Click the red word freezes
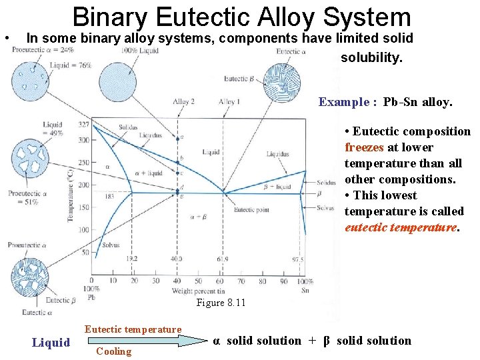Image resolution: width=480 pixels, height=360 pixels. click(x=361, y=147)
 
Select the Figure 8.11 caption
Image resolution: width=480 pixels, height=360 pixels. click(x=221, y=303)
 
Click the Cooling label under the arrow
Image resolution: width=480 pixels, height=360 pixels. click(x=114, y=351)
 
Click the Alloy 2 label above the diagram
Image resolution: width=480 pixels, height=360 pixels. click(x=183, y=101)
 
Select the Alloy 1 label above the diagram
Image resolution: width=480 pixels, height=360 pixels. click(x=229, y=101)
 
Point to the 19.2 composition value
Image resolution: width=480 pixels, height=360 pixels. click(x=131, y=259)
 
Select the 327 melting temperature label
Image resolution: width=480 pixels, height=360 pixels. click(x=84, y=125)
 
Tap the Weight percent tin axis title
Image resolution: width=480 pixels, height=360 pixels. click(x=197, y=291)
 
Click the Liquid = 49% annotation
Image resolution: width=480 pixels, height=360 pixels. click(x=53, y=129)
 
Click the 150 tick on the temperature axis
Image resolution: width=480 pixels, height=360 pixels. click(x=83, y=207)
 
